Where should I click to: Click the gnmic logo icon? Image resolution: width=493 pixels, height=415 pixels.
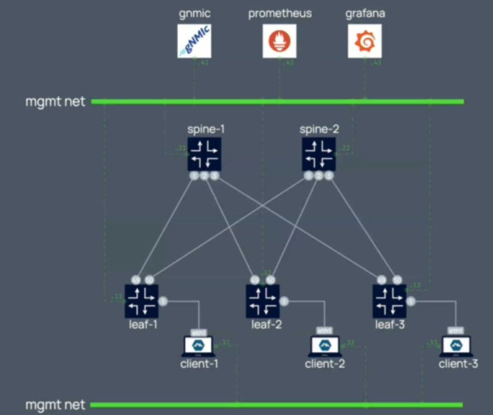[194, 41]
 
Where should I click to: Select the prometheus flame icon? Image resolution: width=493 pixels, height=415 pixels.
[279, 41]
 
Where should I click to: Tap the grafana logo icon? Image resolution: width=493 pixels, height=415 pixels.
[364, 41]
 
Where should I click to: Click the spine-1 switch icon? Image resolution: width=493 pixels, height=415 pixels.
[205, 154]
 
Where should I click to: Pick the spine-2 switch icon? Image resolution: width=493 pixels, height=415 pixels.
[318, 154]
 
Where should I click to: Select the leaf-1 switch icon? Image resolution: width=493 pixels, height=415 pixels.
[142, 301]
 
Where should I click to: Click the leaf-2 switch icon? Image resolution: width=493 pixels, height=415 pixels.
[263, 301]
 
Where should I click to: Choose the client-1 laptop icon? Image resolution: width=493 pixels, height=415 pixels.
[199, 346]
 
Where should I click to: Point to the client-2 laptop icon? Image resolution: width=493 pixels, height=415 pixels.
[325, 346]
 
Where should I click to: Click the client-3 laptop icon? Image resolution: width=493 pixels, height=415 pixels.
[455, 346]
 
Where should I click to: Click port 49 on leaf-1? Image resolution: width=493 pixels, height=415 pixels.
[136, 280]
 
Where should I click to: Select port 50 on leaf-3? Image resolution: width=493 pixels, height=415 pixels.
[397, 280]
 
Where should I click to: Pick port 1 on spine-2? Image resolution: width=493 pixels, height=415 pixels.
[308, 175]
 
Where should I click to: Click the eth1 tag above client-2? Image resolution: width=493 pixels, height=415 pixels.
[325, 331]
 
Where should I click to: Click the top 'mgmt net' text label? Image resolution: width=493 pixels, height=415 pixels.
[55, 102]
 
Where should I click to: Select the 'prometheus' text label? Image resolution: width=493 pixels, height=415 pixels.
[280, 13]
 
